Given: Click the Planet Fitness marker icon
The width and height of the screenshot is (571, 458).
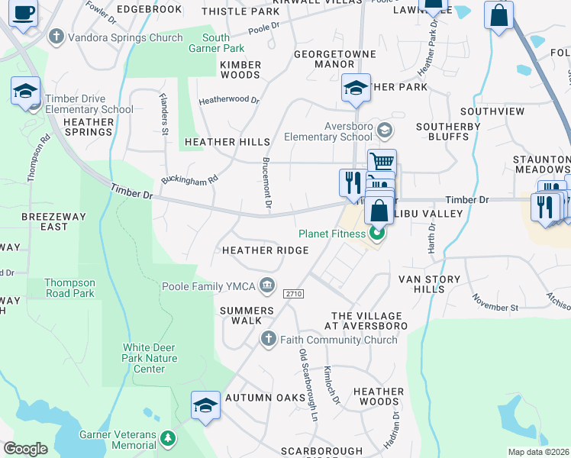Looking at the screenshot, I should click(376, 234).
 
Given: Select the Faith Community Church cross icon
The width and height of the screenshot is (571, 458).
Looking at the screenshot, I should click(268, 338).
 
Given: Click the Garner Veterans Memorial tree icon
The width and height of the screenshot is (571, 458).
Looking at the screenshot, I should click(168, 438).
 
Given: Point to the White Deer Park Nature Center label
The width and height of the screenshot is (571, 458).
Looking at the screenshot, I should click(150, 358).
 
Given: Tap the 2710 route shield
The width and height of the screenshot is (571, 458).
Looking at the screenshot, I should click(293, 294).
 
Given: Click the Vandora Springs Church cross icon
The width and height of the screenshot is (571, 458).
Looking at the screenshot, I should click(56, 37).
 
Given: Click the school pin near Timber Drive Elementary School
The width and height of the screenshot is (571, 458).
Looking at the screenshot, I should click(25, 92).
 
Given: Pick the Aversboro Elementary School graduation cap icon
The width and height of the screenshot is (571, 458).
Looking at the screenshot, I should click(384, 131).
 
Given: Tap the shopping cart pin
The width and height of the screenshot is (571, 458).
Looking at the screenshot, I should click(382, 161).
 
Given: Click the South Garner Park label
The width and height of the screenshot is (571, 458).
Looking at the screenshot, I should click(216, 43).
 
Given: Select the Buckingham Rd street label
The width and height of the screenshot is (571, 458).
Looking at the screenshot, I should click(189, 180).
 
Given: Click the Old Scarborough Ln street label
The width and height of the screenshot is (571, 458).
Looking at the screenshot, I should click(308, 385).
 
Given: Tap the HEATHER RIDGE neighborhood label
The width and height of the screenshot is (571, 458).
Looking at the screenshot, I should click(265, 250).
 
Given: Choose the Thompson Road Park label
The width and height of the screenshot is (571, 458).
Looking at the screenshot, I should click(69, 288).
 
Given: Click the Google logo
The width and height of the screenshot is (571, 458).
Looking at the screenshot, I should click(25, 449).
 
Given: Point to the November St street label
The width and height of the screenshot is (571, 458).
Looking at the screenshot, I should click(496, 302).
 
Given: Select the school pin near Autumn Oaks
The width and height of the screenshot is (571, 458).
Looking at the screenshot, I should click(205, 405).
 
